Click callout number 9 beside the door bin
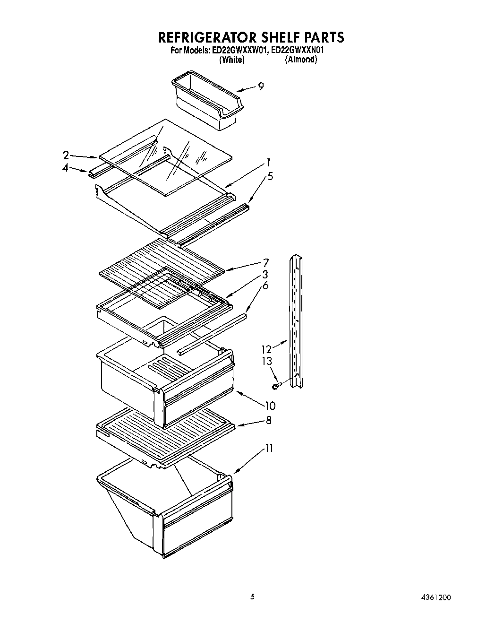point(261,86)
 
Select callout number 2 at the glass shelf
point(66,155)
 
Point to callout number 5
point(270,176)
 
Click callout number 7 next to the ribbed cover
point(266,262)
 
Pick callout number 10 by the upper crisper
point(270,405)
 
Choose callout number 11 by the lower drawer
point(269,448)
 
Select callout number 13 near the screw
point(267,361)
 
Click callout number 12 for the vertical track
point(266,349)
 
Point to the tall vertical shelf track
point(296,321)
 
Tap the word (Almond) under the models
point(300,60)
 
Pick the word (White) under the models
point(231,60)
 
